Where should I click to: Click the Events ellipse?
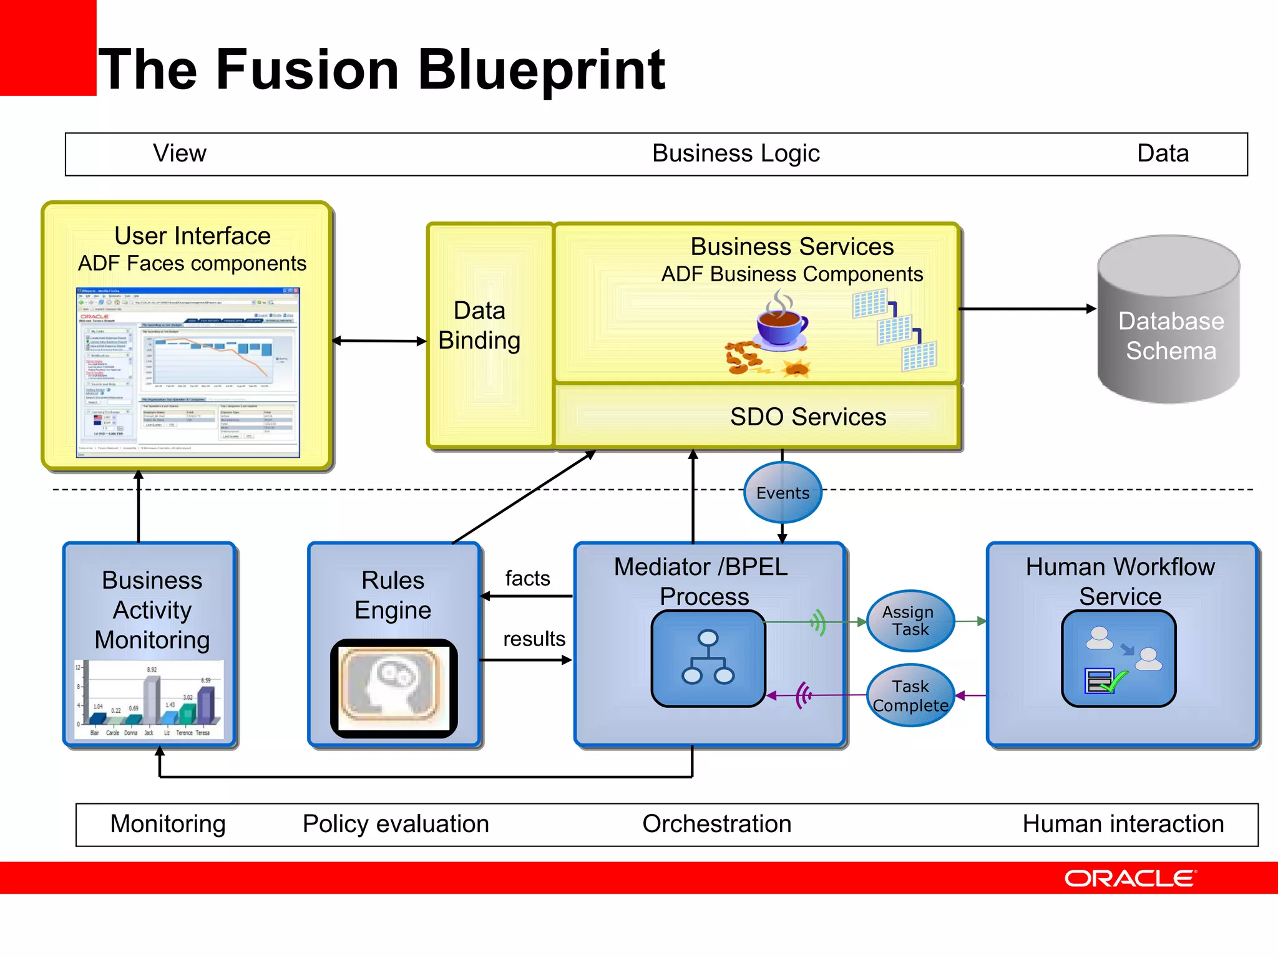coord(783,493)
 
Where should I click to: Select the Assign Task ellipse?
coord(910,621)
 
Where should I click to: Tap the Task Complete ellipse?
coord(910,695)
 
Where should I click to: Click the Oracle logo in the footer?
coord(1130,878)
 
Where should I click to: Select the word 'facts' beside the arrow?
coord(527,578)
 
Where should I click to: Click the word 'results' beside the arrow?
coord(534,639)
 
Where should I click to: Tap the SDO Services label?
coord(807,417)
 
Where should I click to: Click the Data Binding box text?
coord(479,326)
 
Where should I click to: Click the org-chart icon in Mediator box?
coord(708,658)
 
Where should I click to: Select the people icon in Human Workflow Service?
coord(1118,658)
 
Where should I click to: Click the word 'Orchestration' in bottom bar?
coord(716,824)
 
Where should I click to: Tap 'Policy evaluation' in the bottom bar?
coord(396,824)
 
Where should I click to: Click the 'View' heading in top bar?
coord(180,153)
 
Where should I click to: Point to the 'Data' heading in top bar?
coord(1163,153)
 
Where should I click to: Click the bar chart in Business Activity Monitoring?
coord(149,699)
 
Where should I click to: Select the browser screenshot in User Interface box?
coord(188,372)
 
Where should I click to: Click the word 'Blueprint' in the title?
coord(541,70)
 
